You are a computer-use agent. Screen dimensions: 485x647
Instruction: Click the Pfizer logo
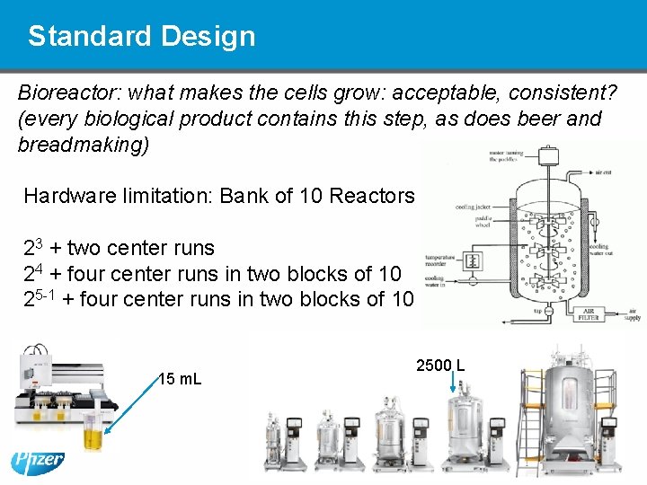[38, 462]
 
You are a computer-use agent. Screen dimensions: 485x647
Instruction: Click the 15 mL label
[180, 379]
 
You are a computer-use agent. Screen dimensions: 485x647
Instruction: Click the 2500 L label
[440, 366]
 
